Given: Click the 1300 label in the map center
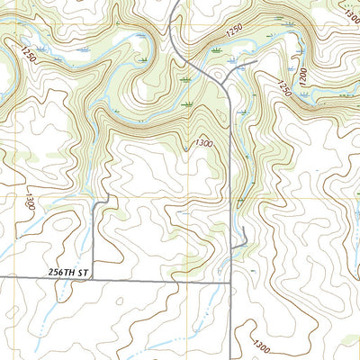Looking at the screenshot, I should (203, 143).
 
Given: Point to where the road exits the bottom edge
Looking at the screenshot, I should (236, 358).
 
